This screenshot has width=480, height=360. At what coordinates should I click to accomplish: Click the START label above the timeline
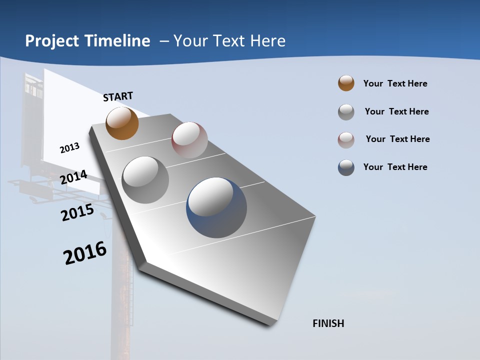click(118, 96)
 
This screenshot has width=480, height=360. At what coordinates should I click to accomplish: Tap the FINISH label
click(328, 323)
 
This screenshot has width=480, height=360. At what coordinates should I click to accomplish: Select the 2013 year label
click(69, 148)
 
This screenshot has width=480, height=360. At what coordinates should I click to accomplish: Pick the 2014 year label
click(73, 177)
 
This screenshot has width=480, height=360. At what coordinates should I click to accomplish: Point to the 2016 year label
click(85, 253)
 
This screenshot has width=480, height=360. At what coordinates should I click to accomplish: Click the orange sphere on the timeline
click(122, 123)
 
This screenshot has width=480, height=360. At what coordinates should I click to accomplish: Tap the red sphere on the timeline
click(189, 139)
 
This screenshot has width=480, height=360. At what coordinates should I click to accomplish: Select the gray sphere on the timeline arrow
click(145, 180)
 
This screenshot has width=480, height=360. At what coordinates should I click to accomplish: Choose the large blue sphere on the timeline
click(216, 207)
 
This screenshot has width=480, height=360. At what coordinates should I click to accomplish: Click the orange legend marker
click(346, 83)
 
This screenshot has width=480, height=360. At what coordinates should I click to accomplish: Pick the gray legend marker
click(346, 112)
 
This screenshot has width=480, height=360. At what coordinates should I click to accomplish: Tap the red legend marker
click(346, 140)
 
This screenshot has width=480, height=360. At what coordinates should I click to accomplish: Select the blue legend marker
click(346, 167)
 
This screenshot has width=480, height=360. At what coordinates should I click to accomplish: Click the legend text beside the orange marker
click(395, 83)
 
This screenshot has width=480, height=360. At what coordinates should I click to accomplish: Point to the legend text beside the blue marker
click(395, 167)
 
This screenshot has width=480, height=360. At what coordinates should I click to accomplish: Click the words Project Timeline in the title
click(87, 41)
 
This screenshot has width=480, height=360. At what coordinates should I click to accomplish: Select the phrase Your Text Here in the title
click(229, 41)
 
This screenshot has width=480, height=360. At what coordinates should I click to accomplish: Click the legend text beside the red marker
click(397, 139)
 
